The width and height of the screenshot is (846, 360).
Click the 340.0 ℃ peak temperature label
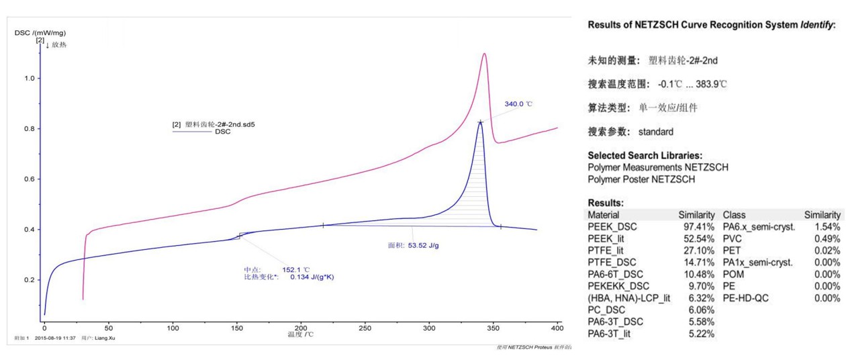point(518,104)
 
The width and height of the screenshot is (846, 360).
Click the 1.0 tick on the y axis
point(29,79)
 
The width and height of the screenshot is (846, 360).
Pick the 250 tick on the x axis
point(365,327)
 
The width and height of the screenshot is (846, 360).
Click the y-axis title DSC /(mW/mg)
point(40,32)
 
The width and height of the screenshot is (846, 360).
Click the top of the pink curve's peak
point(484,54)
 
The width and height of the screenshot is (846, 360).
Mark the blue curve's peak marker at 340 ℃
point(480,122)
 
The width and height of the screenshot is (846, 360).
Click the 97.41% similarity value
point(697,227)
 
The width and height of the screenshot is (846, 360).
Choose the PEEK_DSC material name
point(612,227)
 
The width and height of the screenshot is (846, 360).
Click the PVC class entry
point(733,238)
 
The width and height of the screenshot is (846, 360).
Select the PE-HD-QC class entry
point(745,298)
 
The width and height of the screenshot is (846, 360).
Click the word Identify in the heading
point(811,25)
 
